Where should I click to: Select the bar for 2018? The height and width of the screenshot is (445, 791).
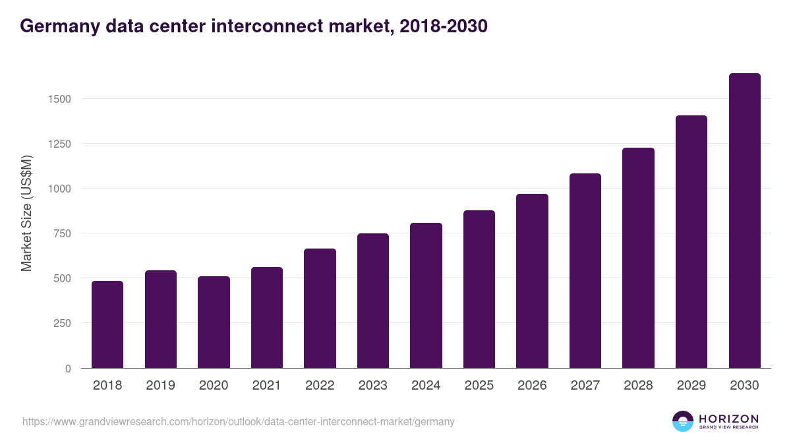click(107, 324)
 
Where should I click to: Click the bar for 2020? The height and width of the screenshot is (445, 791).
click(214, 322)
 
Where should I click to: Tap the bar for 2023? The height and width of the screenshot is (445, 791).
click(373, 301)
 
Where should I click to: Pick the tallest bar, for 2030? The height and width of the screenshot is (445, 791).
click(744, 221)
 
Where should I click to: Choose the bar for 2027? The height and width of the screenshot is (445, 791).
click(585, 271)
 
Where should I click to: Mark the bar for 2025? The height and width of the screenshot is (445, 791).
click(479, 289)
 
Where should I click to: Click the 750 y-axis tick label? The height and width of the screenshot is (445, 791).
click(61, 233)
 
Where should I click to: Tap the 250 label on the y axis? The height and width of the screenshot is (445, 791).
click(61, 323)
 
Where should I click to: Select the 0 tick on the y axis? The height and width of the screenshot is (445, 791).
click(67, 369)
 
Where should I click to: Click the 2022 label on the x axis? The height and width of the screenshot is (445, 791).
click(320, 386)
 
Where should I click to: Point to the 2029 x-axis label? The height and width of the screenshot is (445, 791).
click(691, 386)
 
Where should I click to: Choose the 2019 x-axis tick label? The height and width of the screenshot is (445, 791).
click(160, 386)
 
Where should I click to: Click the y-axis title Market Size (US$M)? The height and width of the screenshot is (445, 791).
click(26, 213)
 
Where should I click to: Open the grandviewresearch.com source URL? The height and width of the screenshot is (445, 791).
click(239, 421)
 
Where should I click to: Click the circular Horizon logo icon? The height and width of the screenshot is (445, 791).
click(683, 421)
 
